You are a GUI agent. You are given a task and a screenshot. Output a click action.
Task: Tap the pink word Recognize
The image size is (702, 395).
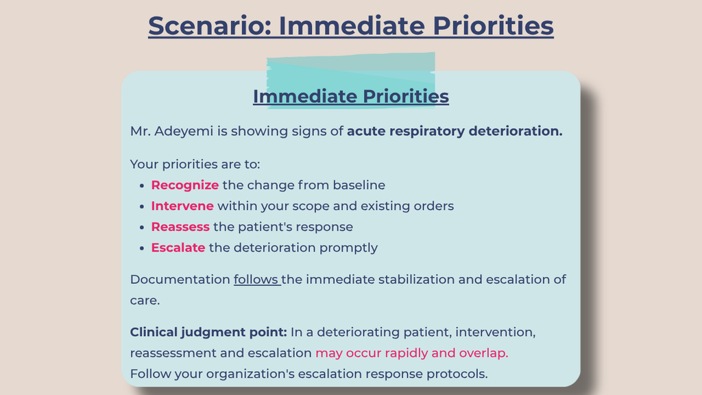tap(185, 185)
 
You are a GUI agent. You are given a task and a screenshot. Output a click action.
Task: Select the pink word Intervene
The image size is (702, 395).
tap(182, 206)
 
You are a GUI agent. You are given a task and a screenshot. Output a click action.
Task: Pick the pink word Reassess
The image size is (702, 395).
tap(180, 226)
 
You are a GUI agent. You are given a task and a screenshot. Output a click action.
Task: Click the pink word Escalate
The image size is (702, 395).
tap(178, 248)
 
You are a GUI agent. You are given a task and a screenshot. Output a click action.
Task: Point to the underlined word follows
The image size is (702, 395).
tap(256, 280)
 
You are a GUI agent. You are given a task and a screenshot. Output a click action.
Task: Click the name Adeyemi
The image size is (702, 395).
tap(184, 131)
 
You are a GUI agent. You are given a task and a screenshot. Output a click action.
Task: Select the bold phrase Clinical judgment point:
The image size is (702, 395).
tap(208, 333)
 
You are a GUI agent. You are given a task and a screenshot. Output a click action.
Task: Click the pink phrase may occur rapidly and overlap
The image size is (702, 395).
tap(412, 353)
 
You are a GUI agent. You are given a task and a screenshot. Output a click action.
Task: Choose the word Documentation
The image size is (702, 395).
tap(180, 280)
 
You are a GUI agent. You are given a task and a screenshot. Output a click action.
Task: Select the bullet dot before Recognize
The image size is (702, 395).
tap(142, 185)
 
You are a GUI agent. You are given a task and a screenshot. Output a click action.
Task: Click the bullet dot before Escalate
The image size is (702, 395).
tap(142, 248)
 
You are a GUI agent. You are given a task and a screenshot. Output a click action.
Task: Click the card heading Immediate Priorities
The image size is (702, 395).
tap(351, 96)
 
